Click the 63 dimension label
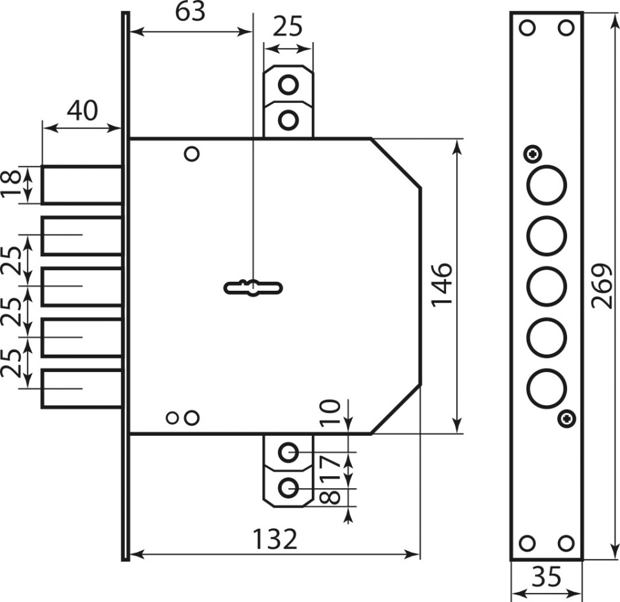click(x=190, y=13)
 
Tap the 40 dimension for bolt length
click(x=82, y=111)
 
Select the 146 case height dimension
click(x=442, y=284)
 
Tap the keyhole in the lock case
click(x=253, y=288)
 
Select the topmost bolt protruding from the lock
click(x=82, y=185)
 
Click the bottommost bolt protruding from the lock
click(x=82, y=389)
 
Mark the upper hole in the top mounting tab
click(x=289, y=85)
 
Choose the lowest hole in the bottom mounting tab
click(x=289, y=488)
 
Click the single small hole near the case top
click(x=191, y=154)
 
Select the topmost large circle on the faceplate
click(x=546, y=185)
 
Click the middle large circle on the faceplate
click(x=546, y=287)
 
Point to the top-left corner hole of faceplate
click(x=527, y=28)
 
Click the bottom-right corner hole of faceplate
click(x=565, y=544)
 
